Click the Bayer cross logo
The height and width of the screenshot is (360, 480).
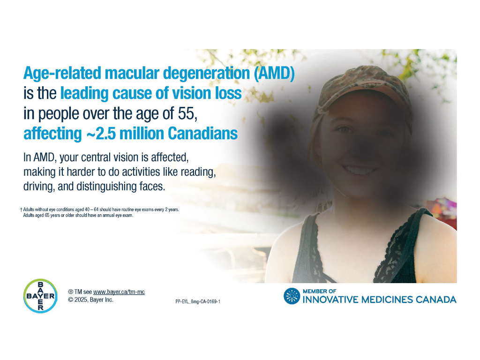click(x=40, y=296)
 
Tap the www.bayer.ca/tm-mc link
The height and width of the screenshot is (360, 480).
click(x=119, y=292)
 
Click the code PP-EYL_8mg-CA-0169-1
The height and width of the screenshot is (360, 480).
click(x=198, y=301)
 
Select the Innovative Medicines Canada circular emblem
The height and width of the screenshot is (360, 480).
click(x=292, y=296)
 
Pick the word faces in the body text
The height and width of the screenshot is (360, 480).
click(x=152, y=186)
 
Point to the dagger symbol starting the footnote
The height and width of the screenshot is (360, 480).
click(x=21, y=210)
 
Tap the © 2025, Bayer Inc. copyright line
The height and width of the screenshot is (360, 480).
click(x=90, y=300)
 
